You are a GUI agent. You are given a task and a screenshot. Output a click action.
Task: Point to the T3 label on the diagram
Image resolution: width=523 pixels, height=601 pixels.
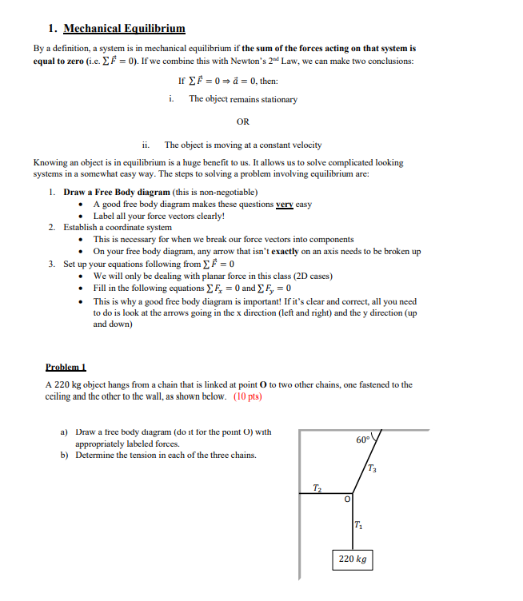coord(373,468)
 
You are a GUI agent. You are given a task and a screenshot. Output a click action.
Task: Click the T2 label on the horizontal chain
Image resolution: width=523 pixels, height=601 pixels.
coord(317,487)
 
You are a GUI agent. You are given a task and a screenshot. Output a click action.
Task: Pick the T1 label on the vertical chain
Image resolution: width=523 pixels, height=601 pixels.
coord(357,524)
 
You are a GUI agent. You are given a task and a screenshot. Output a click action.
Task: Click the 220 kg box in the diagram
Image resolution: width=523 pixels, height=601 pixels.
coord(352,559)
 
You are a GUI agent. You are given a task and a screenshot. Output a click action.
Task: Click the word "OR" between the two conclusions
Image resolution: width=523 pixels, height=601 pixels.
coord(243,122)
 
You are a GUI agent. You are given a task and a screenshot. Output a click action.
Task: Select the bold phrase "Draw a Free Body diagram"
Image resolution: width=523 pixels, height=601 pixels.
coord(117,193)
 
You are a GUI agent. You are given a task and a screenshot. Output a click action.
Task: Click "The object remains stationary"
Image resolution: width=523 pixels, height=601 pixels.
coord(242,99)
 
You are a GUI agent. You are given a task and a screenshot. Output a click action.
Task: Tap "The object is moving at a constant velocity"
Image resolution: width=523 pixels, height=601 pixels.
coord(243,145)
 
